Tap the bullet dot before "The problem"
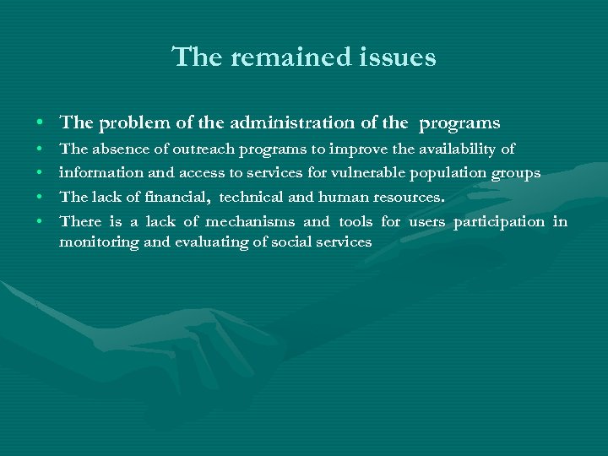[x=41, y=124]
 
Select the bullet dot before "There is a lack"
[x=41, y=222]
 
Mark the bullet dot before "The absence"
[x=41, y=150]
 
